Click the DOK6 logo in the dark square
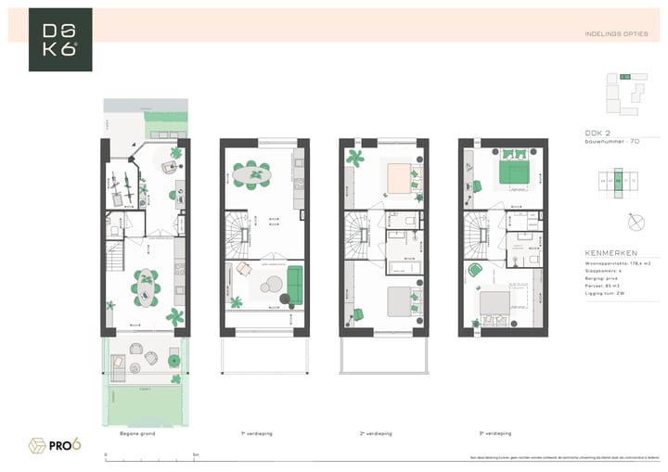[60, 40]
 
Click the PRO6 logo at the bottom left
[55, 445]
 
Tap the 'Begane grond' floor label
[137, 433]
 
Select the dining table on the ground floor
[146, 288]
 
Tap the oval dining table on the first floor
[250, 173]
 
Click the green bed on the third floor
[514, 172]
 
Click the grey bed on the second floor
[400, 301]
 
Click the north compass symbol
[636, 223]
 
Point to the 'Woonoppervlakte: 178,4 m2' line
[616, 263]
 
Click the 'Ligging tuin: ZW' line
[604, 292]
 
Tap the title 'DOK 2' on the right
[597, 133]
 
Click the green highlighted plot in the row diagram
[618, 182]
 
